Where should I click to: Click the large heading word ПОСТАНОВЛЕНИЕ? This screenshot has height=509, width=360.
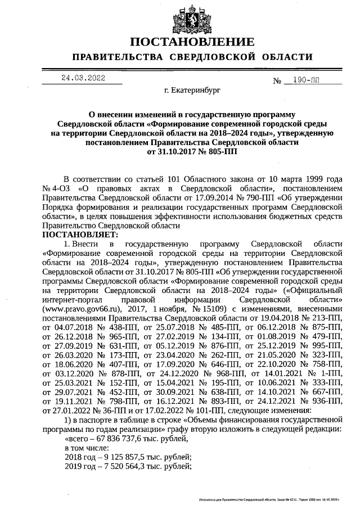(x=192, y=43)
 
